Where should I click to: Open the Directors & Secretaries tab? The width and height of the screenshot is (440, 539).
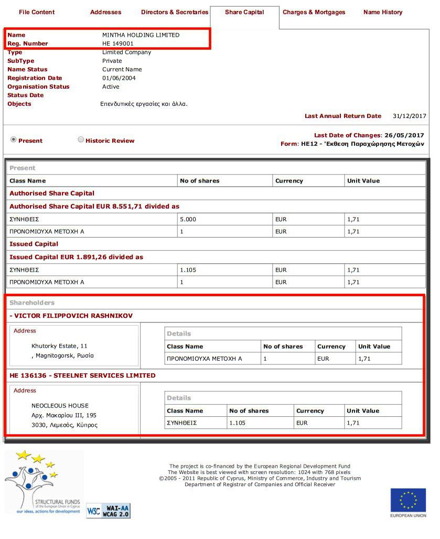pyautogui.click(x=175, y=12)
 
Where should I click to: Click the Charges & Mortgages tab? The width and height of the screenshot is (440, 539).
pyautogui.click(x=314, y=12)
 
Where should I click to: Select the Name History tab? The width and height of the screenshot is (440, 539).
pyautogui.click(x=383, y=12)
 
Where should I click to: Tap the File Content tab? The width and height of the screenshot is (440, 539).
pyautogui.click(x=37, y=12)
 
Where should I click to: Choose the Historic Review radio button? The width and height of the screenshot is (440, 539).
pyautogui.click(x=81, y=139)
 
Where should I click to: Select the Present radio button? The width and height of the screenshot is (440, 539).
pyautogui.click(x=14, y=139)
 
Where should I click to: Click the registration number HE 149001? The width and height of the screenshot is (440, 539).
pyautogui.click(x=117, y=44)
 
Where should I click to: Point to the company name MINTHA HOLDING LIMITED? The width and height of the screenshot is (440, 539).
pyautogui.click(x=141, y=35)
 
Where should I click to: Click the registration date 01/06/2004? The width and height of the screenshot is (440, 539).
pyautogui.click(x=119, y=78)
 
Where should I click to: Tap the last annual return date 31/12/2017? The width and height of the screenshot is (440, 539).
pyautogui.click(x=409, y=116)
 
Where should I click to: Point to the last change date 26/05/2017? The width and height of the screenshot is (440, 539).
pyautogui.click(x=404, y=135)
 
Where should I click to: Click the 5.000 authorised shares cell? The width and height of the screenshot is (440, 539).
pyautogui.click(x=188, y=219)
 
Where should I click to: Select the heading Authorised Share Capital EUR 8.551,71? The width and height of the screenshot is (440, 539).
pyautogui.click(x=94, y=207)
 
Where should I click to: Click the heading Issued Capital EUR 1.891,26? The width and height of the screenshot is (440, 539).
pyautogui.click(x=76, y=257)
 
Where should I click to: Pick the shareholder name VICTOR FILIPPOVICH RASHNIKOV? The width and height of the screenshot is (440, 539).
pyautogui.click(x=73, y=316)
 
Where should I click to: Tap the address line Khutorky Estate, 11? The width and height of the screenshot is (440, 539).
pyautogui.click(x=59, y=346)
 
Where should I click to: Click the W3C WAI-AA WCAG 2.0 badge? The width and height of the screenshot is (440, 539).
pyautogui.click(x=108, y=510)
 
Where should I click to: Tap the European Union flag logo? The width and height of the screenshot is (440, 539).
pyautogui.click(x=408, y=500)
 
